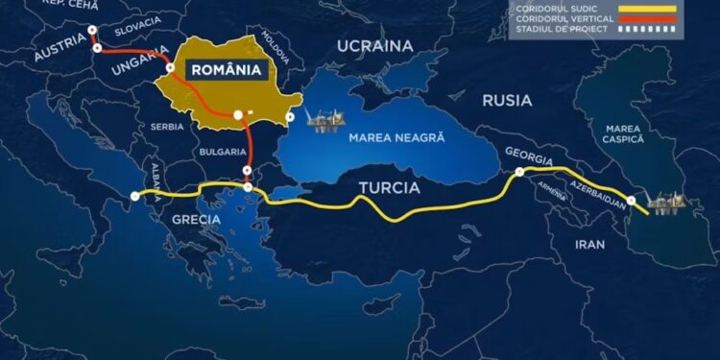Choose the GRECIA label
pos(197,219)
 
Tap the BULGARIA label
pos(223,152)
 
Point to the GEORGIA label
pos(529,158)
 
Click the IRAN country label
pos(589,244)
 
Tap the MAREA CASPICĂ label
pos(622,133)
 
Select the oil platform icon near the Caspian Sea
pos(663,203)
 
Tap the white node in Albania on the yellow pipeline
pos(134,196)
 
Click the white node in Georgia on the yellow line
pos(519,173)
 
